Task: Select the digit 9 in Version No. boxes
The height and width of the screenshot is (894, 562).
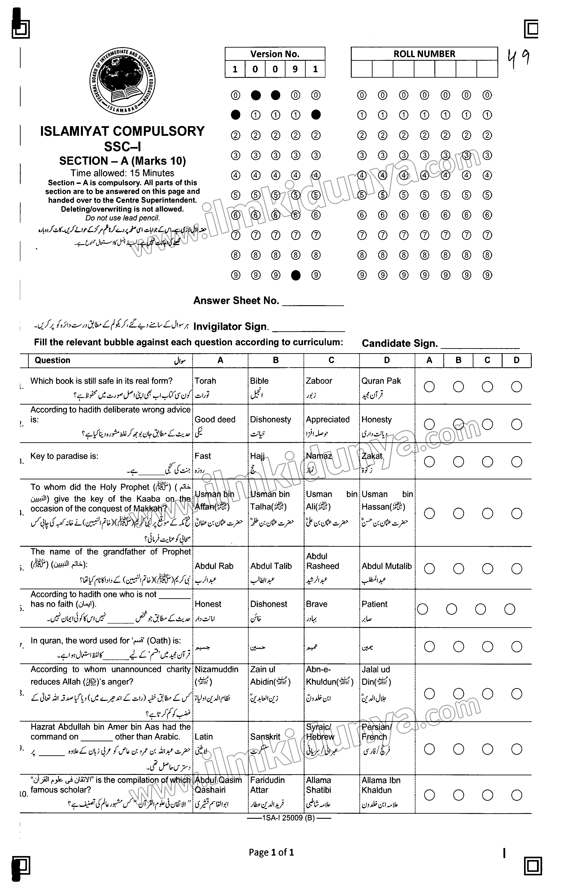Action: point(295,69)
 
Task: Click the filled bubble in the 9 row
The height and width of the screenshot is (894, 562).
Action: point(296,275)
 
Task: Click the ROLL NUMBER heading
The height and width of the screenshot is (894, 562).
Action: point(424,54)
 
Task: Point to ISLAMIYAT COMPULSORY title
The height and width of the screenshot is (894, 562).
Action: point(122,131)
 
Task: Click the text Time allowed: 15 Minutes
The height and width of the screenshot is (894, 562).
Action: point(122,173)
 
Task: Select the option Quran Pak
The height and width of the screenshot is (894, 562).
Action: point(381,381)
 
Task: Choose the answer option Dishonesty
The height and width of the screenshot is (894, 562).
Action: point(270,419)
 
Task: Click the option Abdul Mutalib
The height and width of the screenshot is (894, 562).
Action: point(387,566)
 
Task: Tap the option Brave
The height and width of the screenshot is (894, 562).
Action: point(316,604)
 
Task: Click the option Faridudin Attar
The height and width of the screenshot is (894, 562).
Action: point(268,785)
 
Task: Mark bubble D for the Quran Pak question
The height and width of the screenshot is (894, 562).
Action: point(516,387)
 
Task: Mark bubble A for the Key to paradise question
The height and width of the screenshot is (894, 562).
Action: point(429,462)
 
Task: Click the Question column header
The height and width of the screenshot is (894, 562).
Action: point(52,360)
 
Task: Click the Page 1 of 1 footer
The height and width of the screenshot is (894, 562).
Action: point(271,852)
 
